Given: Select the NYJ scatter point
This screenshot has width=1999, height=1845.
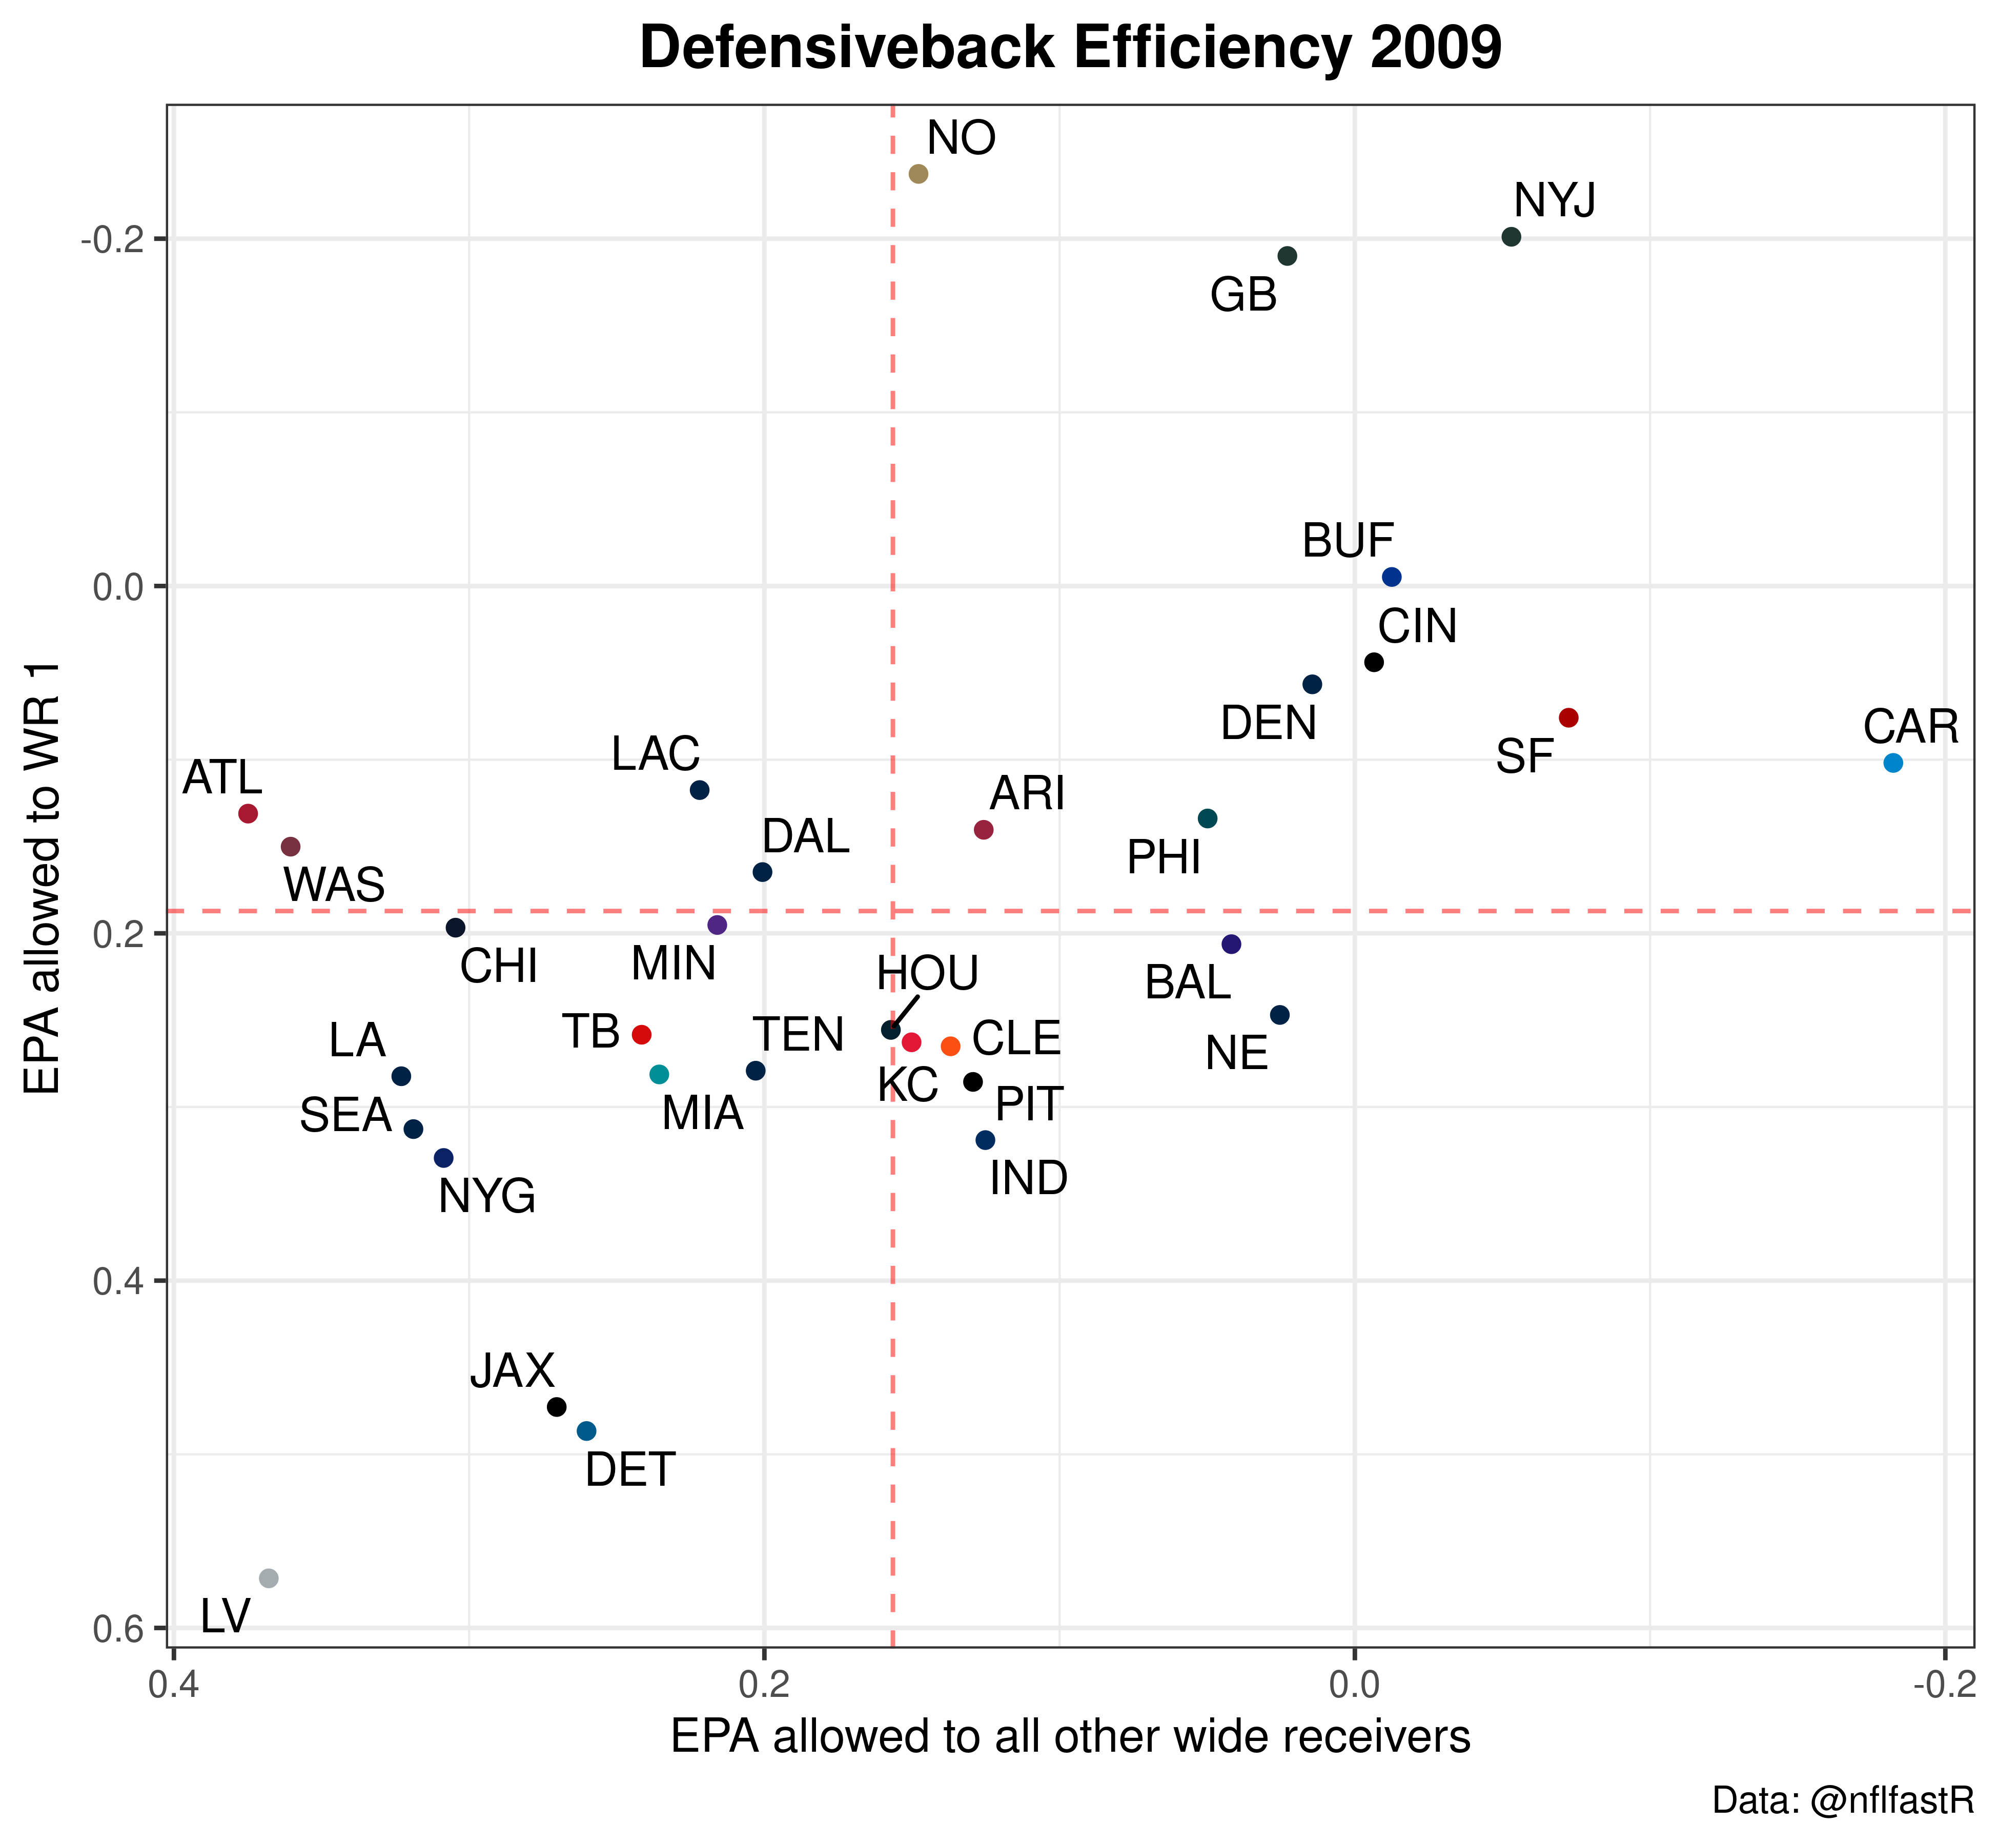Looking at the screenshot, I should [x=1512, y=237].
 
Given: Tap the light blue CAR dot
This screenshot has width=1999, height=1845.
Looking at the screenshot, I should [x=1893, y=763].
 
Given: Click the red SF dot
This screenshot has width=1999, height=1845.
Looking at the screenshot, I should [x=1568, y=718].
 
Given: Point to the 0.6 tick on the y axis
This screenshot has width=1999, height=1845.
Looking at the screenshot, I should [x=117, y=1628].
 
